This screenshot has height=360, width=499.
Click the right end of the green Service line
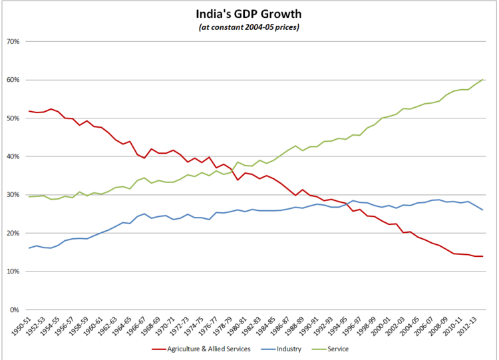tap(482, 80)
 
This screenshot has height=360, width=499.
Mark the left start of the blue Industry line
tap(30, 248)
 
